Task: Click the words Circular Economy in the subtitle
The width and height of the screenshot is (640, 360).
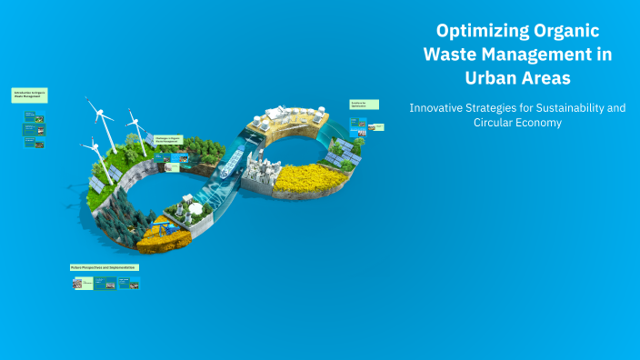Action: tap(517, 123)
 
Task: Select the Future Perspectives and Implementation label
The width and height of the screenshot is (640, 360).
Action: tap(105, 267)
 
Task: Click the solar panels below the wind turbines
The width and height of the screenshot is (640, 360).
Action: tap(96, 185)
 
